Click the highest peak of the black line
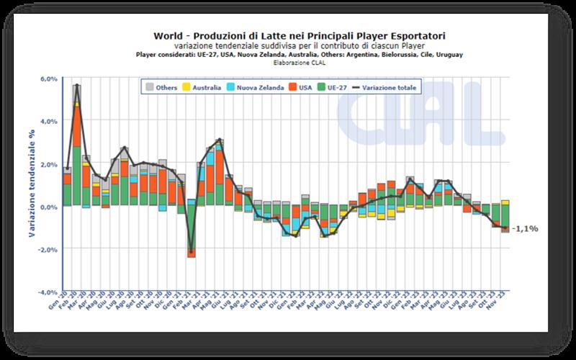(x=77, y=86)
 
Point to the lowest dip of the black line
(x=191, y=252)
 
